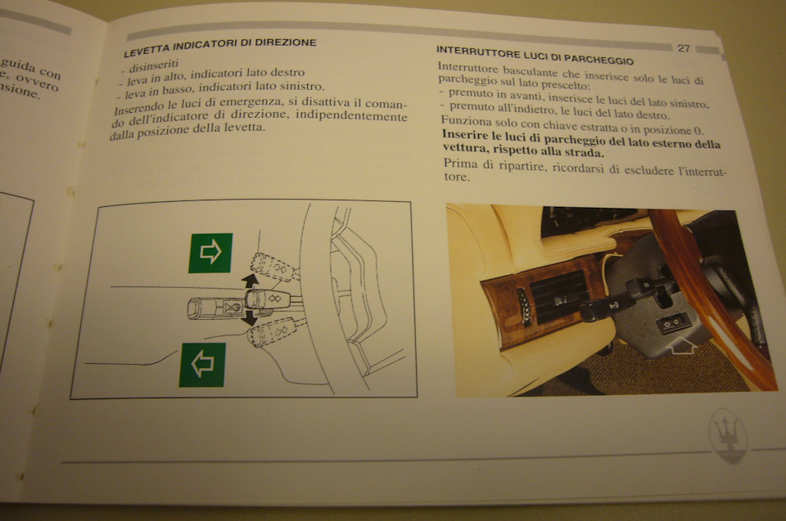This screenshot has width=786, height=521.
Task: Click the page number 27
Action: [x=684, y=48]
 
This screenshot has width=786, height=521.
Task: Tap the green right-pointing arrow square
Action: [x=210, y=253]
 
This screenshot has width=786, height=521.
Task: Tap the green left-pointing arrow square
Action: [x=202, y=365]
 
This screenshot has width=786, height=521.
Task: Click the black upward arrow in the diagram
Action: [x=249, y=281]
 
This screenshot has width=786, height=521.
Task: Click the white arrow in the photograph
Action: [x=682, y=345]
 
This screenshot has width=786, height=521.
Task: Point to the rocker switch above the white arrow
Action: [x=671, y=325]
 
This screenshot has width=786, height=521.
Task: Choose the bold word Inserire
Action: [x=464, y=134]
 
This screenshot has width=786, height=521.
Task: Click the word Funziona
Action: [x=459, y=121]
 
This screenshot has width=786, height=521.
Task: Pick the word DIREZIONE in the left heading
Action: [x=285, y=43]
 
